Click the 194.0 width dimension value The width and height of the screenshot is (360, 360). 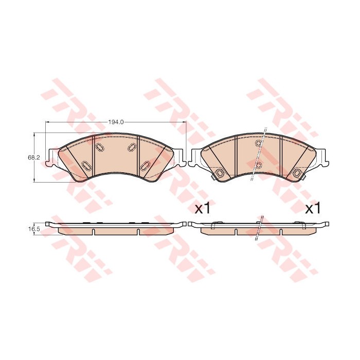(116, 122)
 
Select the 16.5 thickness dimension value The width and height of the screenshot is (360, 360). (30, 229)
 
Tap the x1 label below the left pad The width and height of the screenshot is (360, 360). (202, 208)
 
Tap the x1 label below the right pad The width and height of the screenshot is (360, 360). (313, 208)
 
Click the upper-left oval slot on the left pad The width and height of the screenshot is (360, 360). (100, 147)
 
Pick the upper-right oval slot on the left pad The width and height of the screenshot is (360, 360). (132, 147)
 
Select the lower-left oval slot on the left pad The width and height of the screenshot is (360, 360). (86, 165)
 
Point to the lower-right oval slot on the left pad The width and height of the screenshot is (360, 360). (146, 165)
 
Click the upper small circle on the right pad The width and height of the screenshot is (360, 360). (259, 143)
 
